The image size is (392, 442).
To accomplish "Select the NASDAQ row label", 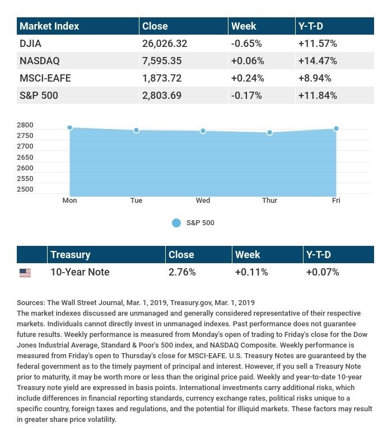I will click(x=39, y=60).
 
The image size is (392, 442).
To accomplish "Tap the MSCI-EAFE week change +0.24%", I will click(x=246, y=78).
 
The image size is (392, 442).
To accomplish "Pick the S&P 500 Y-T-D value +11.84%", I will click(x=318, y=96).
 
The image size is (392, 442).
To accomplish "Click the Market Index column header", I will click(x=49, y=26).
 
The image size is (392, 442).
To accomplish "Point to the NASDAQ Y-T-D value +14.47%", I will click(x=318, y=60).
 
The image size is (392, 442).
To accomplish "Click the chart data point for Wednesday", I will click(x=203, y=131).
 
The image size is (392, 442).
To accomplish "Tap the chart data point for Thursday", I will click(x=270, y=132).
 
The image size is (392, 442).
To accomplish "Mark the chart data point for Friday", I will click(x=336, y=129).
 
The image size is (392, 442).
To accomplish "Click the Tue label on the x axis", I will click(x=136, y=201).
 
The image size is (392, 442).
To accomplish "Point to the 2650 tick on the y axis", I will click(x=25, y=157).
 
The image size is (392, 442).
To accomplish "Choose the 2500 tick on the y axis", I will click(x=25, y=189).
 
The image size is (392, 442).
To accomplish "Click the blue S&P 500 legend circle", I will click(x=176, y=223).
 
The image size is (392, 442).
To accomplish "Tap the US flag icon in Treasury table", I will click(x=25, y=273).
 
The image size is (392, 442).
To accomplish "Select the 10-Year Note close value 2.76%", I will click(x=182, y=272).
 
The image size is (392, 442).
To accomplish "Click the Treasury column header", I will click(x=70, y=255).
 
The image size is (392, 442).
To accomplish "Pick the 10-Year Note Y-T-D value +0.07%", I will click(x=323, y=272).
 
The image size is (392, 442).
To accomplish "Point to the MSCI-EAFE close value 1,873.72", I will click(x=162, y=78).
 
